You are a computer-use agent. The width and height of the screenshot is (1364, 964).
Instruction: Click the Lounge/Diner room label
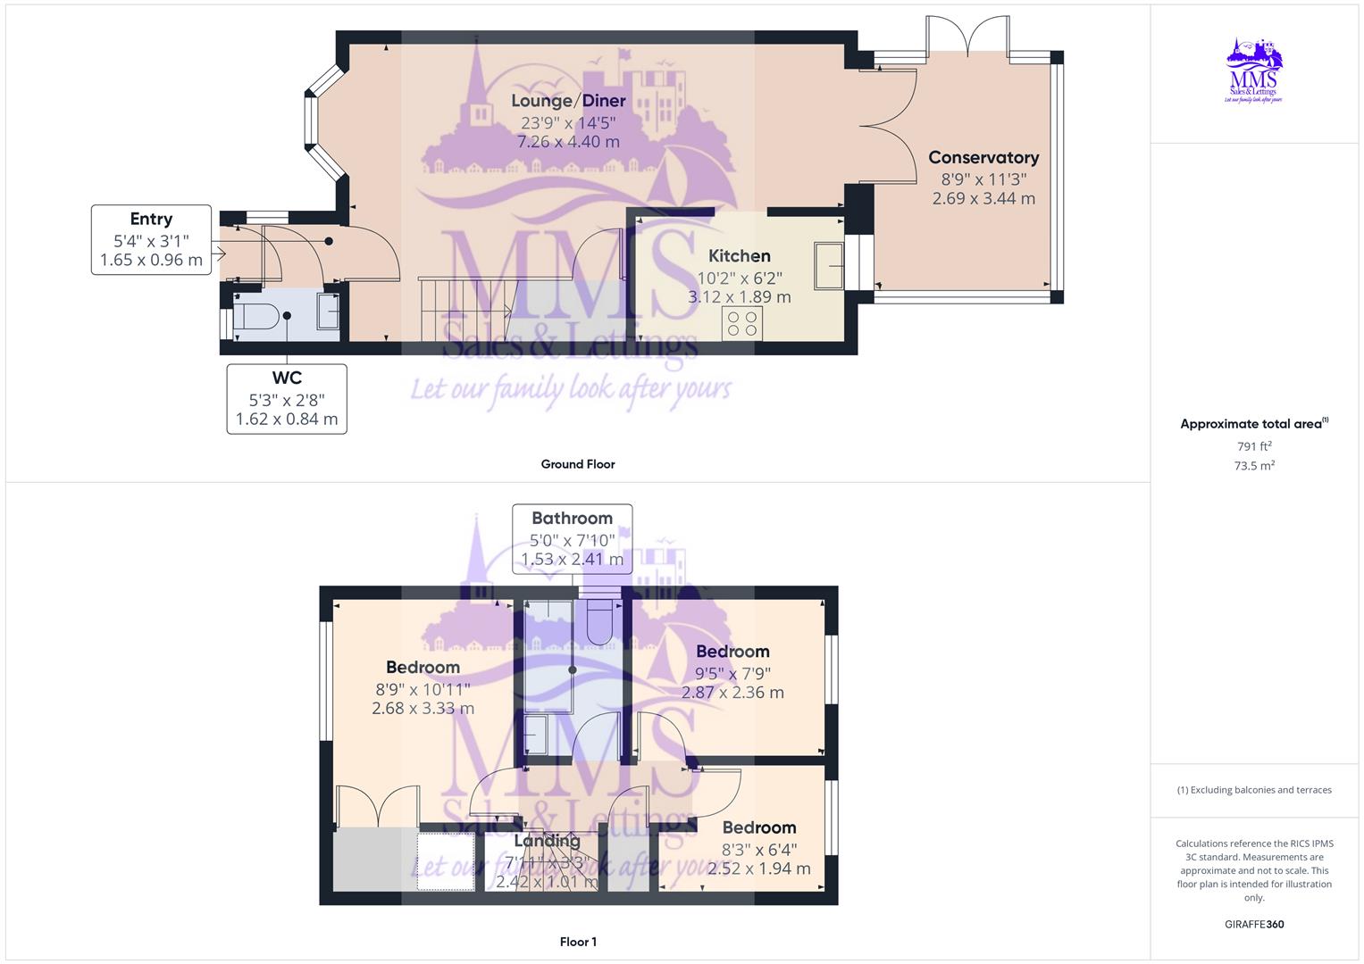tap(568, 101)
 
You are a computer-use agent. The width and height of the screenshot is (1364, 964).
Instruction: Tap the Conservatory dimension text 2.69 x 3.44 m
tap(983, 198)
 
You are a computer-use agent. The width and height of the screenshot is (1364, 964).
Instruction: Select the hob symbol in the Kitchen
tap(742, 322)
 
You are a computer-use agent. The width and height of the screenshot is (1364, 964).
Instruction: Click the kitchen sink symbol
tap(829, 265)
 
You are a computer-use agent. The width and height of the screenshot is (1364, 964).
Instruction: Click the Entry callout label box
tap(151, 239)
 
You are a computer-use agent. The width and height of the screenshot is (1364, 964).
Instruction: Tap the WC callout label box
tap(287, 399)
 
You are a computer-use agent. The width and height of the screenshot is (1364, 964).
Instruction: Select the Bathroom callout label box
tap(572, 538)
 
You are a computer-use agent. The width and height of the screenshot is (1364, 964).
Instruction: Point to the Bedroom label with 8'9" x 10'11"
tap(423, 667)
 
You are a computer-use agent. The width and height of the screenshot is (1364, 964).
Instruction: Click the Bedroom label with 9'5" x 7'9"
tap(732, 652)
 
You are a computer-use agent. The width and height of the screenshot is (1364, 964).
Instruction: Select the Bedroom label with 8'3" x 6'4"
tap(758, 827)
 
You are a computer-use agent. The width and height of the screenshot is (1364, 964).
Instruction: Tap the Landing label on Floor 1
tap(547, 841)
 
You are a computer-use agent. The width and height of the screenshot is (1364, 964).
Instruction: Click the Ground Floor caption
tap(577, 464)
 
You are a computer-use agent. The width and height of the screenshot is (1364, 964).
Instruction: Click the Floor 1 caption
tap(577, 942)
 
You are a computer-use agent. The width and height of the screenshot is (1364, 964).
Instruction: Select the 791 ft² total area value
tap(1254, 445)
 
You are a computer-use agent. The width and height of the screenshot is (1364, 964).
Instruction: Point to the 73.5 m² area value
tap(1254, 465)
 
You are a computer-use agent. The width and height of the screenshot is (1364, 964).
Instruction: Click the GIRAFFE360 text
tap(1253, 924)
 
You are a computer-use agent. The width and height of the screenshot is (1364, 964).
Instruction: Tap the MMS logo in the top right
tap(1254, 71)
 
